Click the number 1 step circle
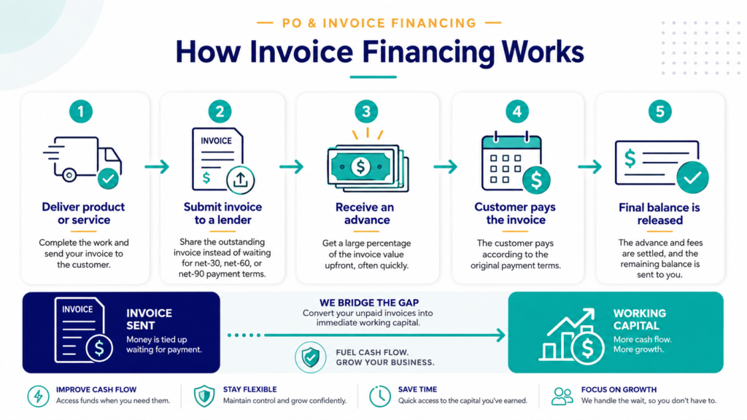click(80, 112)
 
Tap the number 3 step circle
click(366, 112)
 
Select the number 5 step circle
click(659, 112)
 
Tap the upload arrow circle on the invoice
click(240, 180)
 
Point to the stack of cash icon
click(368, 168)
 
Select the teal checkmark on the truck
click(108, 179)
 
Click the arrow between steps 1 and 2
click(158, 167)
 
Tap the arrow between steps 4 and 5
click(589, 167)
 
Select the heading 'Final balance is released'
click(659, 214)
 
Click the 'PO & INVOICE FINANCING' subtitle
click(379, 23)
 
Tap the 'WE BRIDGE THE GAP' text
click(369, 303)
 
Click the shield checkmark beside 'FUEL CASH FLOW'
click(311, 357)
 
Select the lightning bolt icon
click(38, 396)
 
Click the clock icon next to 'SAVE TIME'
click(379, 396)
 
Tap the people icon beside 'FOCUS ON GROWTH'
click(562, 396)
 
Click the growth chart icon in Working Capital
click(572, 336)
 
